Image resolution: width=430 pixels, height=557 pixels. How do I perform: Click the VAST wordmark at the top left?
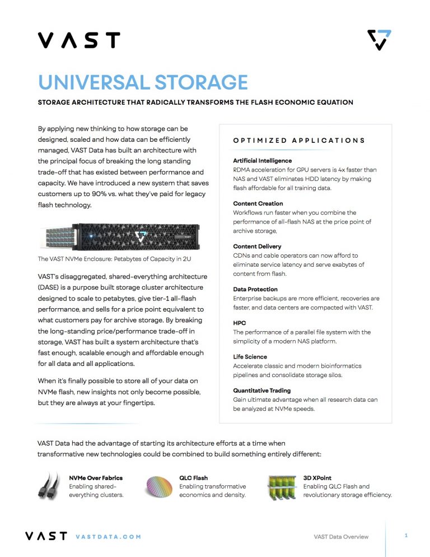(79, 40)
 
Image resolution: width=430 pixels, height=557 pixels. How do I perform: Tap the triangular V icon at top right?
(379, 40)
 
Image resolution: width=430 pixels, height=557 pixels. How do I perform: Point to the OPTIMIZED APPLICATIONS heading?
(299, 141)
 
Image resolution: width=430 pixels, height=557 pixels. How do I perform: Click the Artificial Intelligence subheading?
(262, 161)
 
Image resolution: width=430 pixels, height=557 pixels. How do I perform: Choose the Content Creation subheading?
(258, 203)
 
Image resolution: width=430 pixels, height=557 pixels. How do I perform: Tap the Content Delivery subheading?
(257, 247)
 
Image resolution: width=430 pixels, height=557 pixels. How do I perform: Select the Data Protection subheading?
(256, 289)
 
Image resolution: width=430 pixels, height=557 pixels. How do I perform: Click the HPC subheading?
(239, 323)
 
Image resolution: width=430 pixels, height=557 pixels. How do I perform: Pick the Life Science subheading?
(250, 357)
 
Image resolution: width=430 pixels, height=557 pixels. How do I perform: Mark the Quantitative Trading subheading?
(261, 391)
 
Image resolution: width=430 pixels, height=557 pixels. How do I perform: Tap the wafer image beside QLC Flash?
(160, 487)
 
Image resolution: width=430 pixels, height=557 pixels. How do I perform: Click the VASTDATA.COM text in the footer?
(107, 537)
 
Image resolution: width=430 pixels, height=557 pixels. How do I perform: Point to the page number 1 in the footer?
(406, 536)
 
